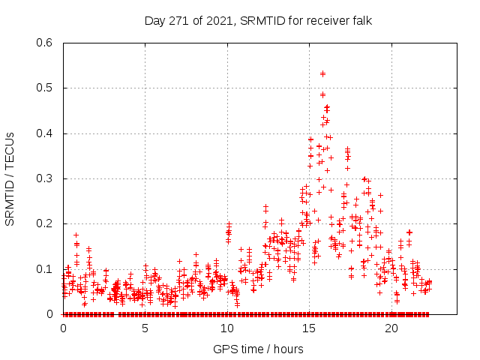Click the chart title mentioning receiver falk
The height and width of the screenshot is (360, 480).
pyautogui.click(x=258, y=20)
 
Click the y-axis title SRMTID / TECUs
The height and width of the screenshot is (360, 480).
pyautogui.click(x=10, y=178)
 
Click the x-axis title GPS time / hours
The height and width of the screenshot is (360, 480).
pyautogui.click(x=258, y=349)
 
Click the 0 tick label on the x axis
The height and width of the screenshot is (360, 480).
pyautogui.click(x=63, y=328)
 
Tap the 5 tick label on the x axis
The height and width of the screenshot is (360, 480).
pyautogui.click(x=145, y=328)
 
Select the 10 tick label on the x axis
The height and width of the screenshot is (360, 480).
pyautogui.click(x=227, y=328)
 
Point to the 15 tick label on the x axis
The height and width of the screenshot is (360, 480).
pyautogui.click(x=309, y=328)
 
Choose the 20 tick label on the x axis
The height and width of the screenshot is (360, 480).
pyautogui.click(x=391, y=328)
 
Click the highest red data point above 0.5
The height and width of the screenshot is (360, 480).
pyautogui.click(x=322, y=73)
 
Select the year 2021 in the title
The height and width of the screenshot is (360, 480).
pyautogui.click(x=217, y=20)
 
